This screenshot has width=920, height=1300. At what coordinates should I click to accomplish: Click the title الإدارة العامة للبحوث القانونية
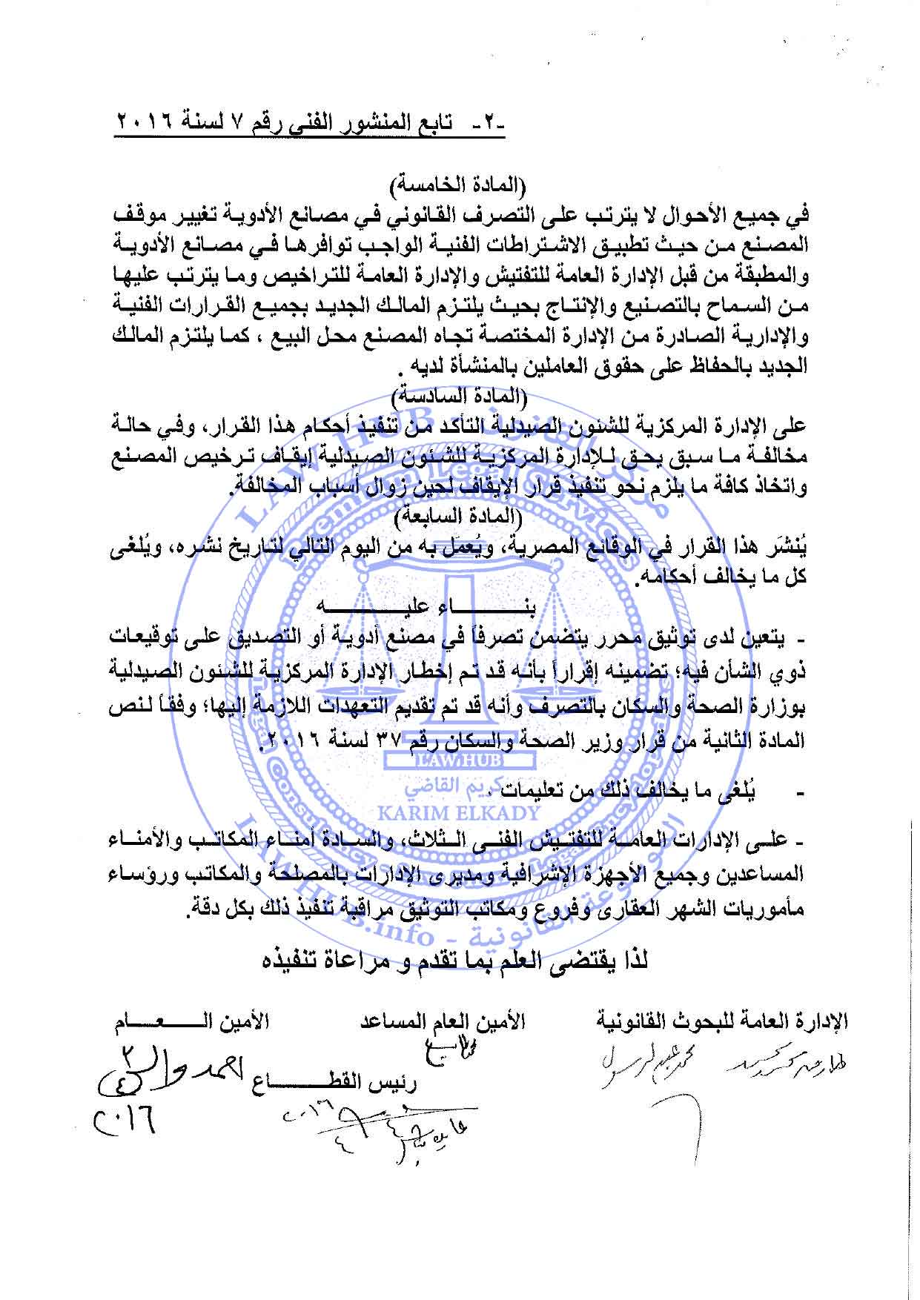click(x=723, y=1021)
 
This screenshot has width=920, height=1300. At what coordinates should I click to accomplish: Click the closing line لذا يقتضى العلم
click(x=457, y=961)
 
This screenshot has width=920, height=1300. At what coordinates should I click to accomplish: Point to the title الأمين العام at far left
click(x=191, y=1021)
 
